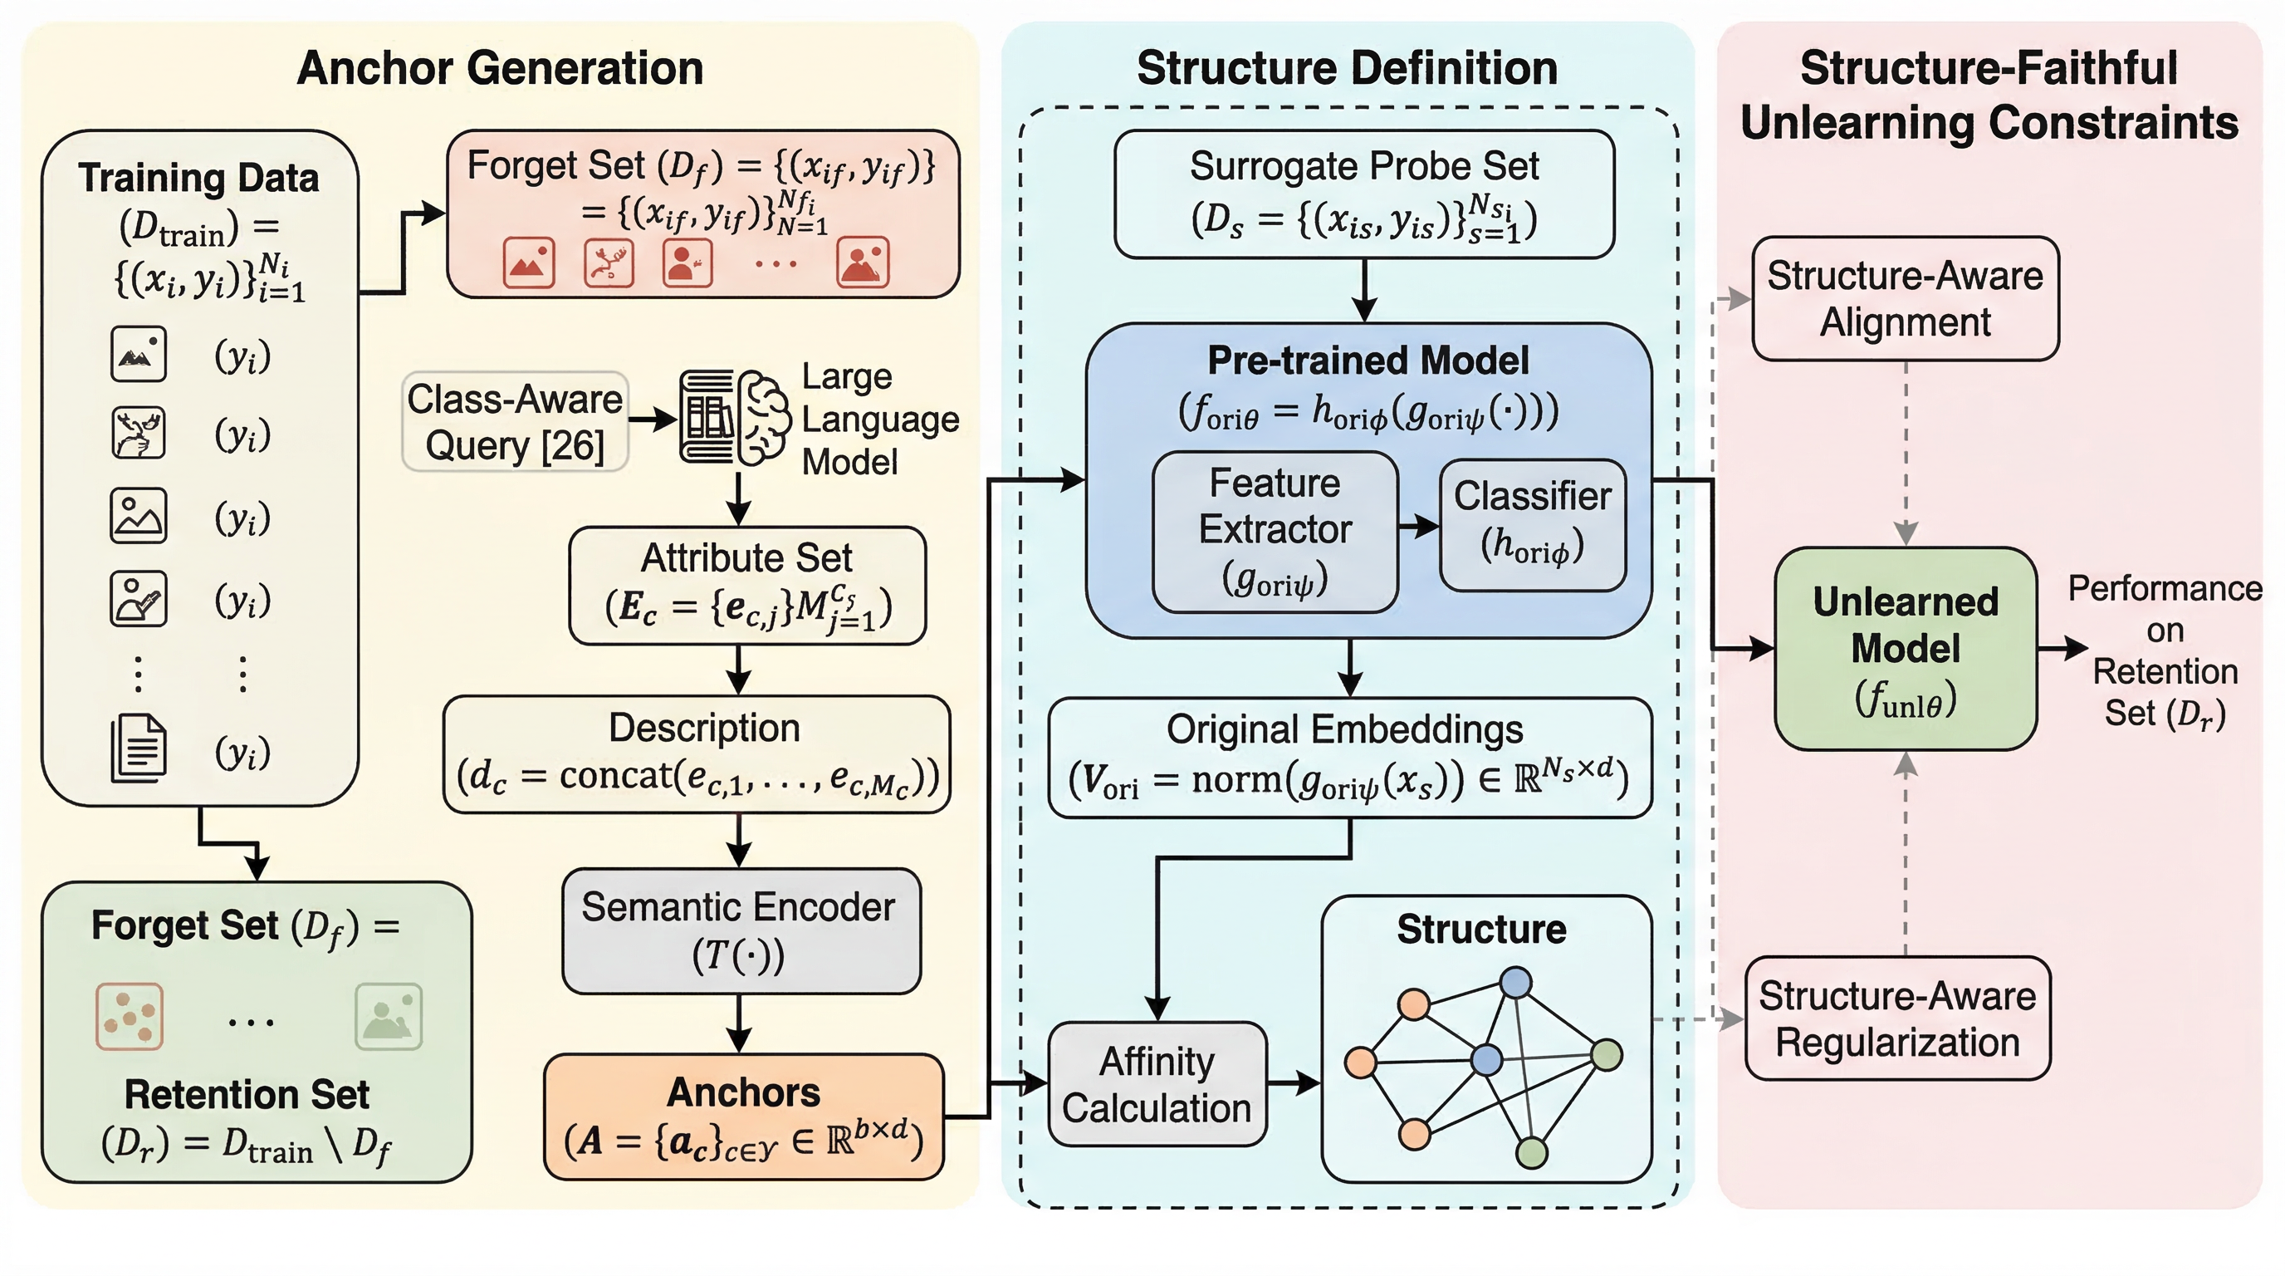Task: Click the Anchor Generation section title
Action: click(x=499, y=68)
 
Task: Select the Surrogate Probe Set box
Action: click(x=1364, y=194)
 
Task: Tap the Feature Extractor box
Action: click(x=1275, y=531)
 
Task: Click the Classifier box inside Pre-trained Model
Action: click(x=1532, y=523)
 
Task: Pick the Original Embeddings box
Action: click(x=1349, y=756)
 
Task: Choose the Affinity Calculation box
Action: click(x=1157, y=1083)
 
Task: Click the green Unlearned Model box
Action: click(x=1906, y=649)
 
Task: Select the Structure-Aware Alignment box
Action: click(x=1906, y=298)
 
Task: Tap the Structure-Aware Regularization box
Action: click(x=1897, y=1018)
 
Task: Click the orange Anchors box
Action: click(x=743, y=1116)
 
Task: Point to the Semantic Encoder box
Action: click(x=741, y=930)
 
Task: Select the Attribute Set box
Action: click(x=747, y=585)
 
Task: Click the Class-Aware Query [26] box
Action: click(x=515, y=421)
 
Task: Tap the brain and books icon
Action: click(x=735, y=417)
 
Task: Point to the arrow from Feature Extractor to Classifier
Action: click(x=1418, y=526)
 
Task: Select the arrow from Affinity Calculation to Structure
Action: click(x=1294, y=1082)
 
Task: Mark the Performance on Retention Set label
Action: click(x=2165, y=650)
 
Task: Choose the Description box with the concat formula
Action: click(x=697, y=754)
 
